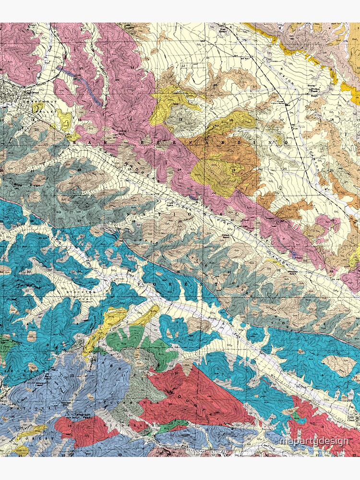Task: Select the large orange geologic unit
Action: click(235, 154)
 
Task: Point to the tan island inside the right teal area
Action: click(338, 366)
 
